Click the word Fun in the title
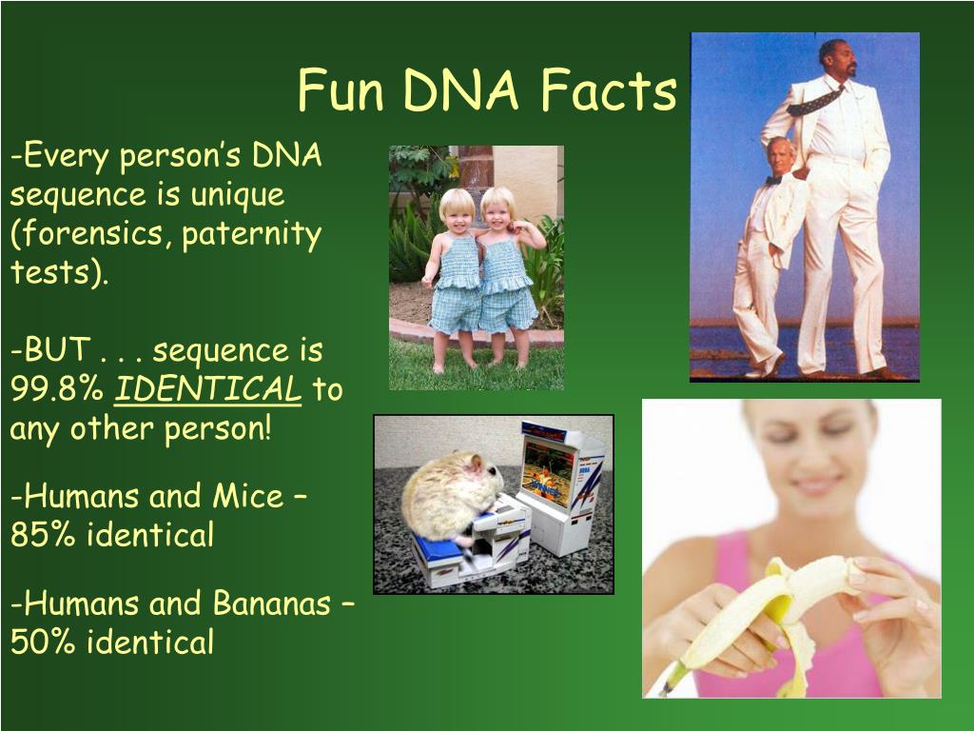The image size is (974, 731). coord(341,90)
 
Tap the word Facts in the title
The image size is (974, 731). coord(608,90)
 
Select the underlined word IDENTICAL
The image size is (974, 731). coord(207,389)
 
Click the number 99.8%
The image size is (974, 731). coord(56,389)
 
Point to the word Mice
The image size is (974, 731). coord(248,496)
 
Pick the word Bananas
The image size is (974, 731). coord(271,603)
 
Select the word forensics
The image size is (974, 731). coord(90,235)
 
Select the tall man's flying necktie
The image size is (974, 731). coord(815,101)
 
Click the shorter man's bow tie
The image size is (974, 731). coord(772,180)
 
